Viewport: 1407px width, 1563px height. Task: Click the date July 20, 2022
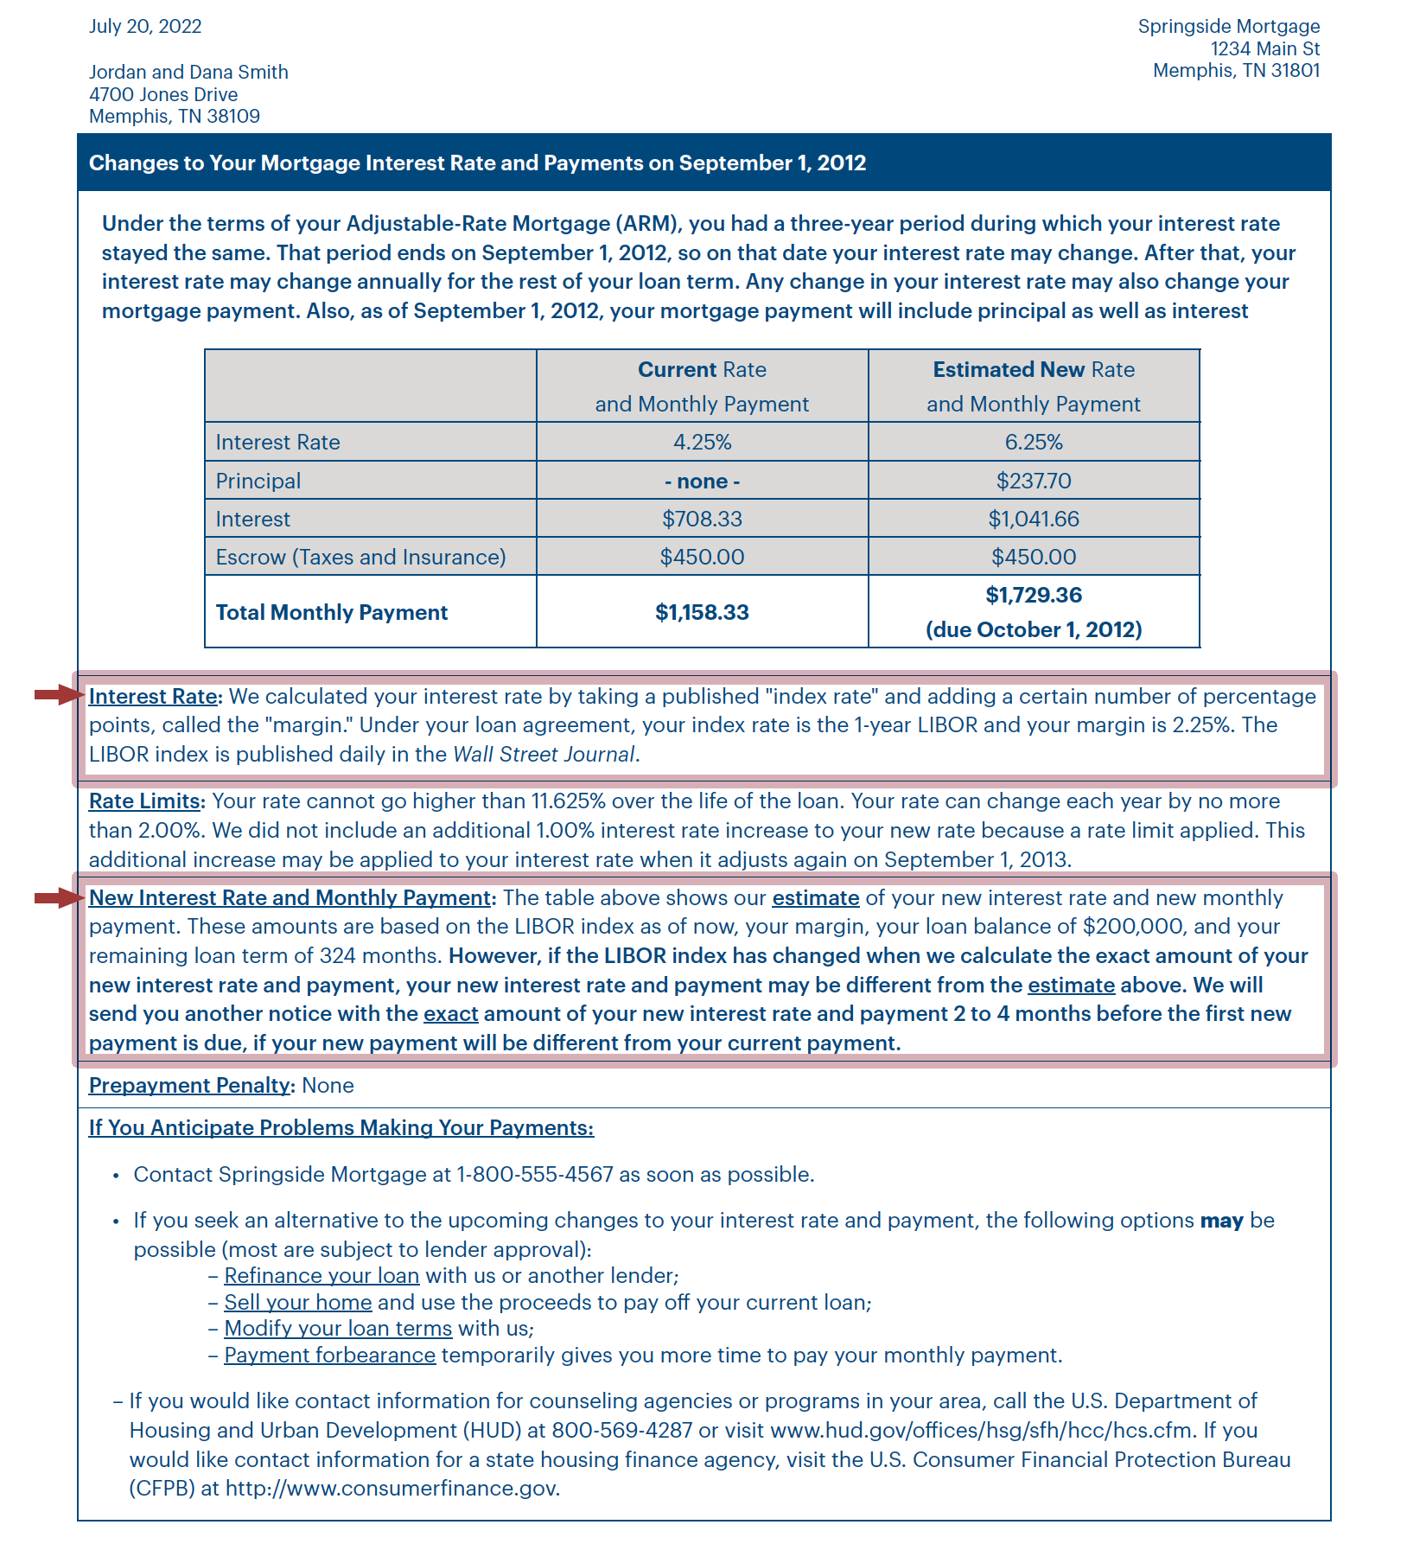point(145,26)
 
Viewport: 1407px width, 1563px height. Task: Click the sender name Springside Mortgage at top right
point(1228,26)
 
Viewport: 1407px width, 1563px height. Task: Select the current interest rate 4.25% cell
point(702,442)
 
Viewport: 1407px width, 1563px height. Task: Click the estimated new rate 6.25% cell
point(1034,442)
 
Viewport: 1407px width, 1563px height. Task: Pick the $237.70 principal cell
point(1034,481)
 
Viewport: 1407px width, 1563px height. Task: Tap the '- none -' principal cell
point(702,481)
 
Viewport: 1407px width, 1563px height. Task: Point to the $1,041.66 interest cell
point(1034,519)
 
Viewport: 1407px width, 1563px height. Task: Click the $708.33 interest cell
point(702,519)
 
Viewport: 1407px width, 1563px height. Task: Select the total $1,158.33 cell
point(702,612)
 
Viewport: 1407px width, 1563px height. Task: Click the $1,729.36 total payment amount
point(1034,595)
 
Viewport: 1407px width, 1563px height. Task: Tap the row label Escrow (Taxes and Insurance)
point(360,557)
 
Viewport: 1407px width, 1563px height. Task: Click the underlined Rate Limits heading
point(144,801)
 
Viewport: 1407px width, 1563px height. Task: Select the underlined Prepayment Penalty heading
point(190,1085)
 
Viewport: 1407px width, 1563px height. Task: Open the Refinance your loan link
point(322,1276)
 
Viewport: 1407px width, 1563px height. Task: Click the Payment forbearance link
point(329,1355)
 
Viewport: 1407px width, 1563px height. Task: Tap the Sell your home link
point(298,1302)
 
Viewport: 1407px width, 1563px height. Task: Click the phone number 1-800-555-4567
point(534,1174)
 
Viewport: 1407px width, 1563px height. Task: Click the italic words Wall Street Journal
point(544,754)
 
